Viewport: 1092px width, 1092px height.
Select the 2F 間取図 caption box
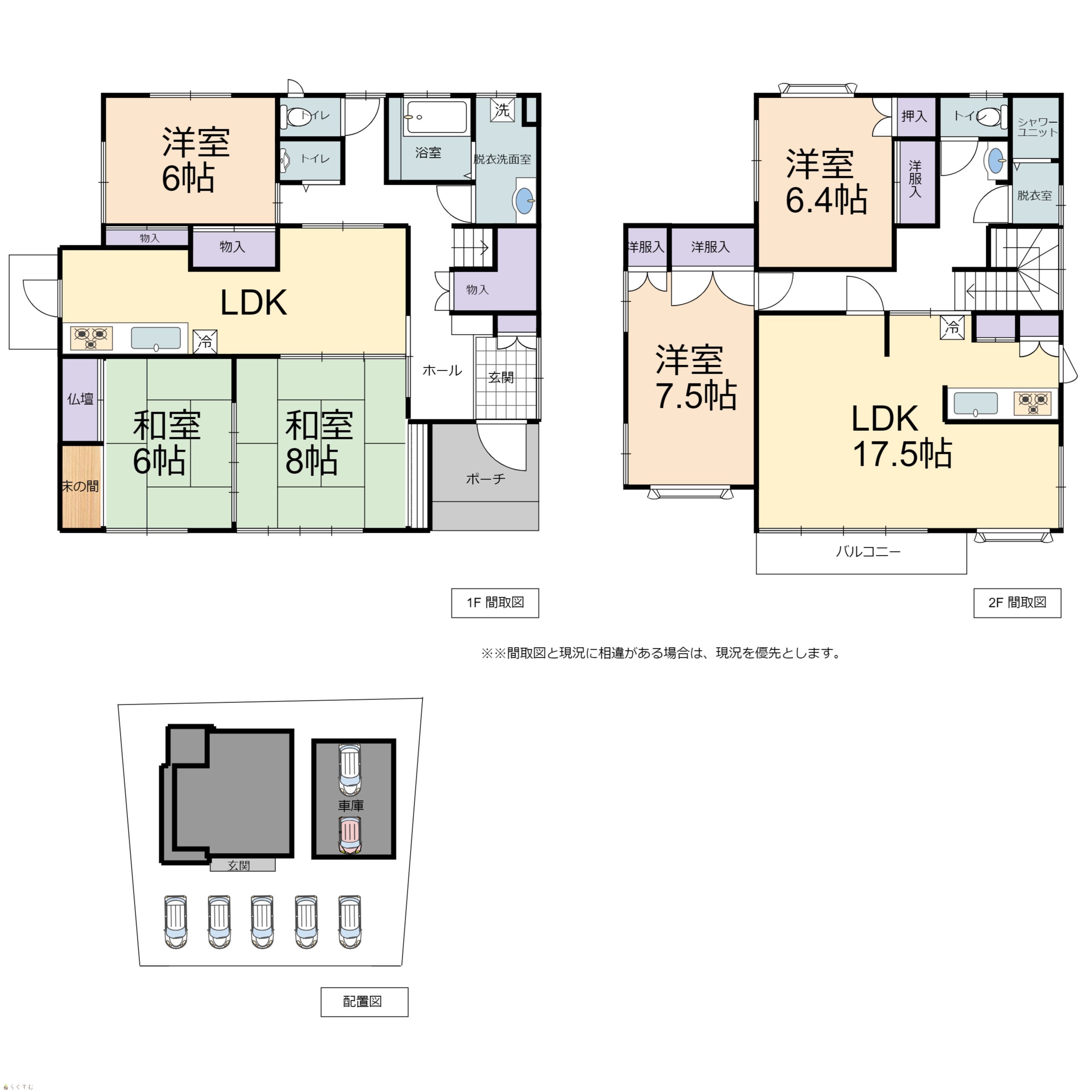1017,603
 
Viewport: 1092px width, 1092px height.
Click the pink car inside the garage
349,835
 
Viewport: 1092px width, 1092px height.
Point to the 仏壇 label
80,399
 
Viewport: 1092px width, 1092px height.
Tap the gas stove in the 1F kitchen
91,338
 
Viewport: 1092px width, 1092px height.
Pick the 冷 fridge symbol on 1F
205,341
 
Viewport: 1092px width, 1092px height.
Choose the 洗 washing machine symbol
502,110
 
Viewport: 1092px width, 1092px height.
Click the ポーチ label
485,479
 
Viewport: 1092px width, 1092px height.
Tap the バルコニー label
868,551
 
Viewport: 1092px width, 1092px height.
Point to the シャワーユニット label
1037,127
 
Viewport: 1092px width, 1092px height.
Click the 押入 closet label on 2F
914,116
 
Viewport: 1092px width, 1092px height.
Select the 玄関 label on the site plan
238,865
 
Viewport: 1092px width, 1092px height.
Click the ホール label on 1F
442,371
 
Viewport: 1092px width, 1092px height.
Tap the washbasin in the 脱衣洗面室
525,200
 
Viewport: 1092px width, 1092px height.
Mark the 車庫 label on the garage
351,805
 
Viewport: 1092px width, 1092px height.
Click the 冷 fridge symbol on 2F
953,327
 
